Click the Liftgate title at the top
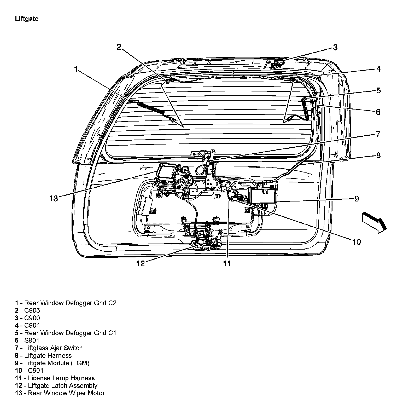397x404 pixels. [x=27, y=19]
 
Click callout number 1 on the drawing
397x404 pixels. [x=76, y=69]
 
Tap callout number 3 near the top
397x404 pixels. [x=335, y=47]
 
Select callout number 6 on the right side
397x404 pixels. [x=378, y=112]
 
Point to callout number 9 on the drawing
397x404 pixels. [x=357, y=199]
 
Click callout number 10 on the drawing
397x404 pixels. [x=356, y=242]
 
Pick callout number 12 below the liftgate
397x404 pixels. [x=140, y=263]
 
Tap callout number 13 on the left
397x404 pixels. [x=54, y=199]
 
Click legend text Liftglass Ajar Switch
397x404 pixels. [x=53, y=348]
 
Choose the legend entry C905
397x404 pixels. [x=32, y=310]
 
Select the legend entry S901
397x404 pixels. [x=32, y=340]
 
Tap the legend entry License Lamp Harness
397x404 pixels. [x=61, y=378]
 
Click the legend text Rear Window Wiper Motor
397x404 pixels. [x=66, y=393]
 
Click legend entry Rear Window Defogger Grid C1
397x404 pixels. [x=70, y=333]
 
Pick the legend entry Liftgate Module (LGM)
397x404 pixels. [x=57, y=363]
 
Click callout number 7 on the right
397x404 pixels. [x=378, y=134]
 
